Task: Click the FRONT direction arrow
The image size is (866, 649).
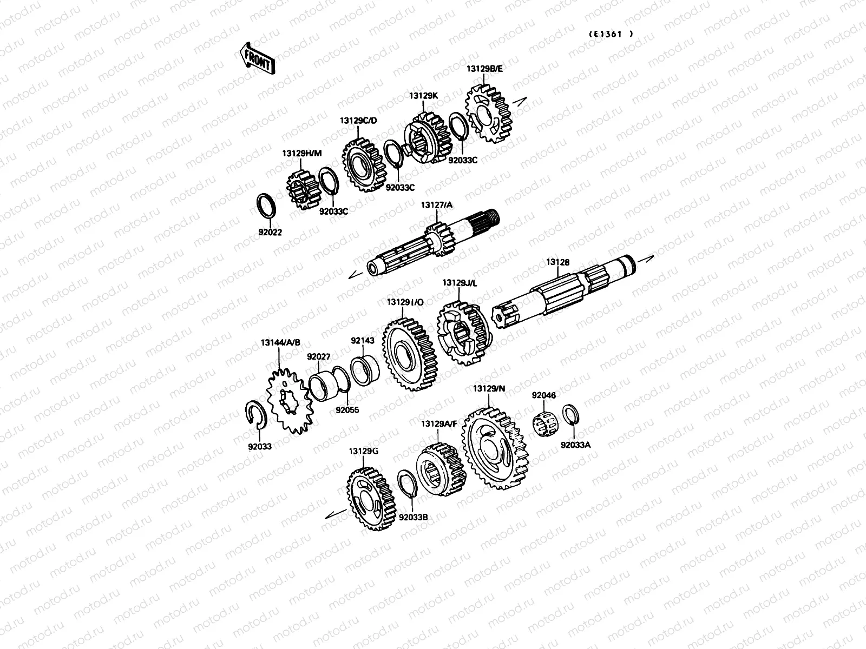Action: coord(257,59)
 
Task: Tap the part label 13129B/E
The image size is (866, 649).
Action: coord(484,69)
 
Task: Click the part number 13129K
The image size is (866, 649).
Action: coord(423,96)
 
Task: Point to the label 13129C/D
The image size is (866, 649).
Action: coord(358,121)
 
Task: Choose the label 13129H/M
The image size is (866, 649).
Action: coord(302,153)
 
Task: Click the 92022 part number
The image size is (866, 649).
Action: coord(270,233)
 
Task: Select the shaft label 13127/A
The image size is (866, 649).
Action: coord(436,205)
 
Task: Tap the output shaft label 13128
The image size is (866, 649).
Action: coord(557,262)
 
